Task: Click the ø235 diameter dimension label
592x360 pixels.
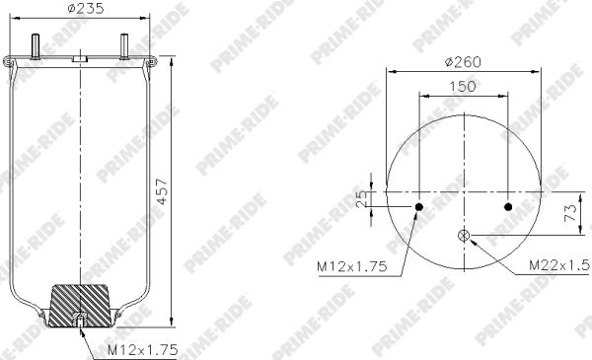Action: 86,8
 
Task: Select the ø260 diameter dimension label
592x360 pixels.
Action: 463,62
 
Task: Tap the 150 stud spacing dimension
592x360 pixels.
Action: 463,87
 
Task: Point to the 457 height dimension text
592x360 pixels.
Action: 163,191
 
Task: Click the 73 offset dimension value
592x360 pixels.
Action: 570,212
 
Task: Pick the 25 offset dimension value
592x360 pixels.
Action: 362,198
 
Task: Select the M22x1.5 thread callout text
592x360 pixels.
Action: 558,265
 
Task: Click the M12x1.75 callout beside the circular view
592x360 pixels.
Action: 352,266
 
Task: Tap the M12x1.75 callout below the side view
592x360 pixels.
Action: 143,350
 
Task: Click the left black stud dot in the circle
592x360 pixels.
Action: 419,207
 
